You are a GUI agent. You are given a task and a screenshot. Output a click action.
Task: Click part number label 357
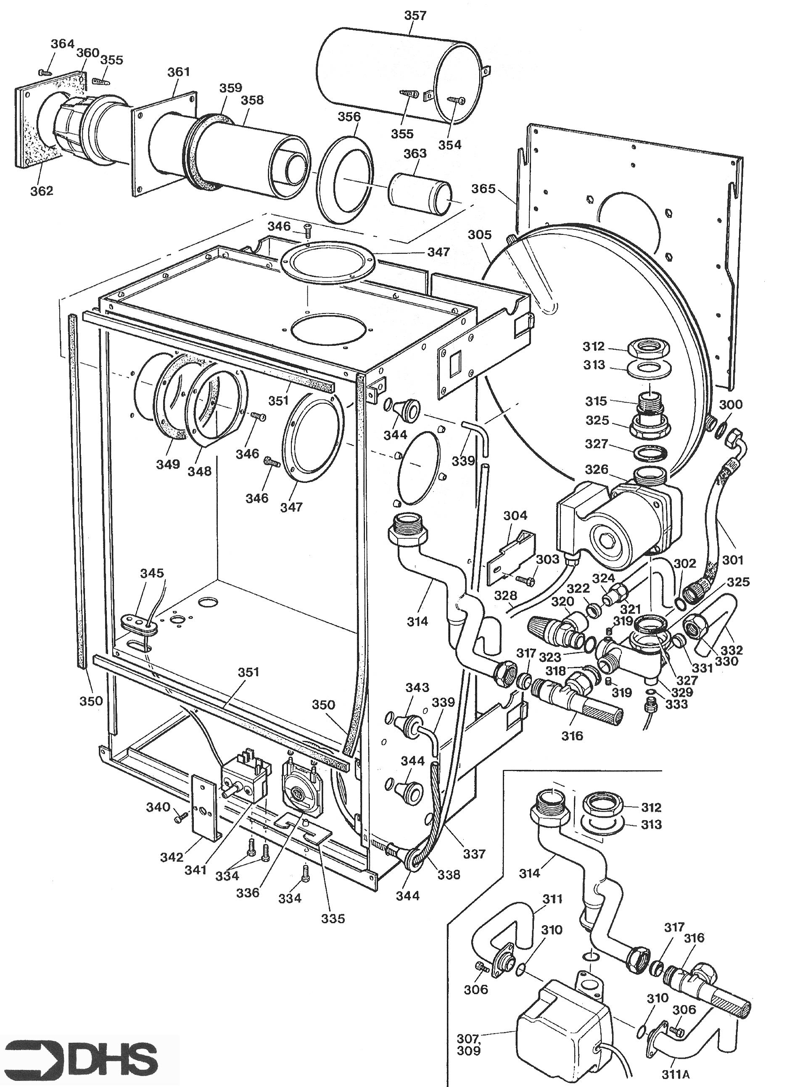click(415, 16)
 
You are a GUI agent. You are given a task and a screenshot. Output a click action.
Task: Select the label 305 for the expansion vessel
click(480, 235)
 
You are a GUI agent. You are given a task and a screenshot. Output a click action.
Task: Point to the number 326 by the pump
click(597, 469)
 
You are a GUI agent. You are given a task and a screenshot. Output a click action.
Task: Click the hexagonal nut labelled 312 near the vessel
click(645, 346)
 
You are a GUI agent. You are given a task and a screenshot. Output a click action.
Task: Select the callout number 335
click(333, 918)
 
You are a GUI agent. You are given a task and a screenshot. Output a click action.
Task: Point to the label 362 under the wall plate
click(42, 190)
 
